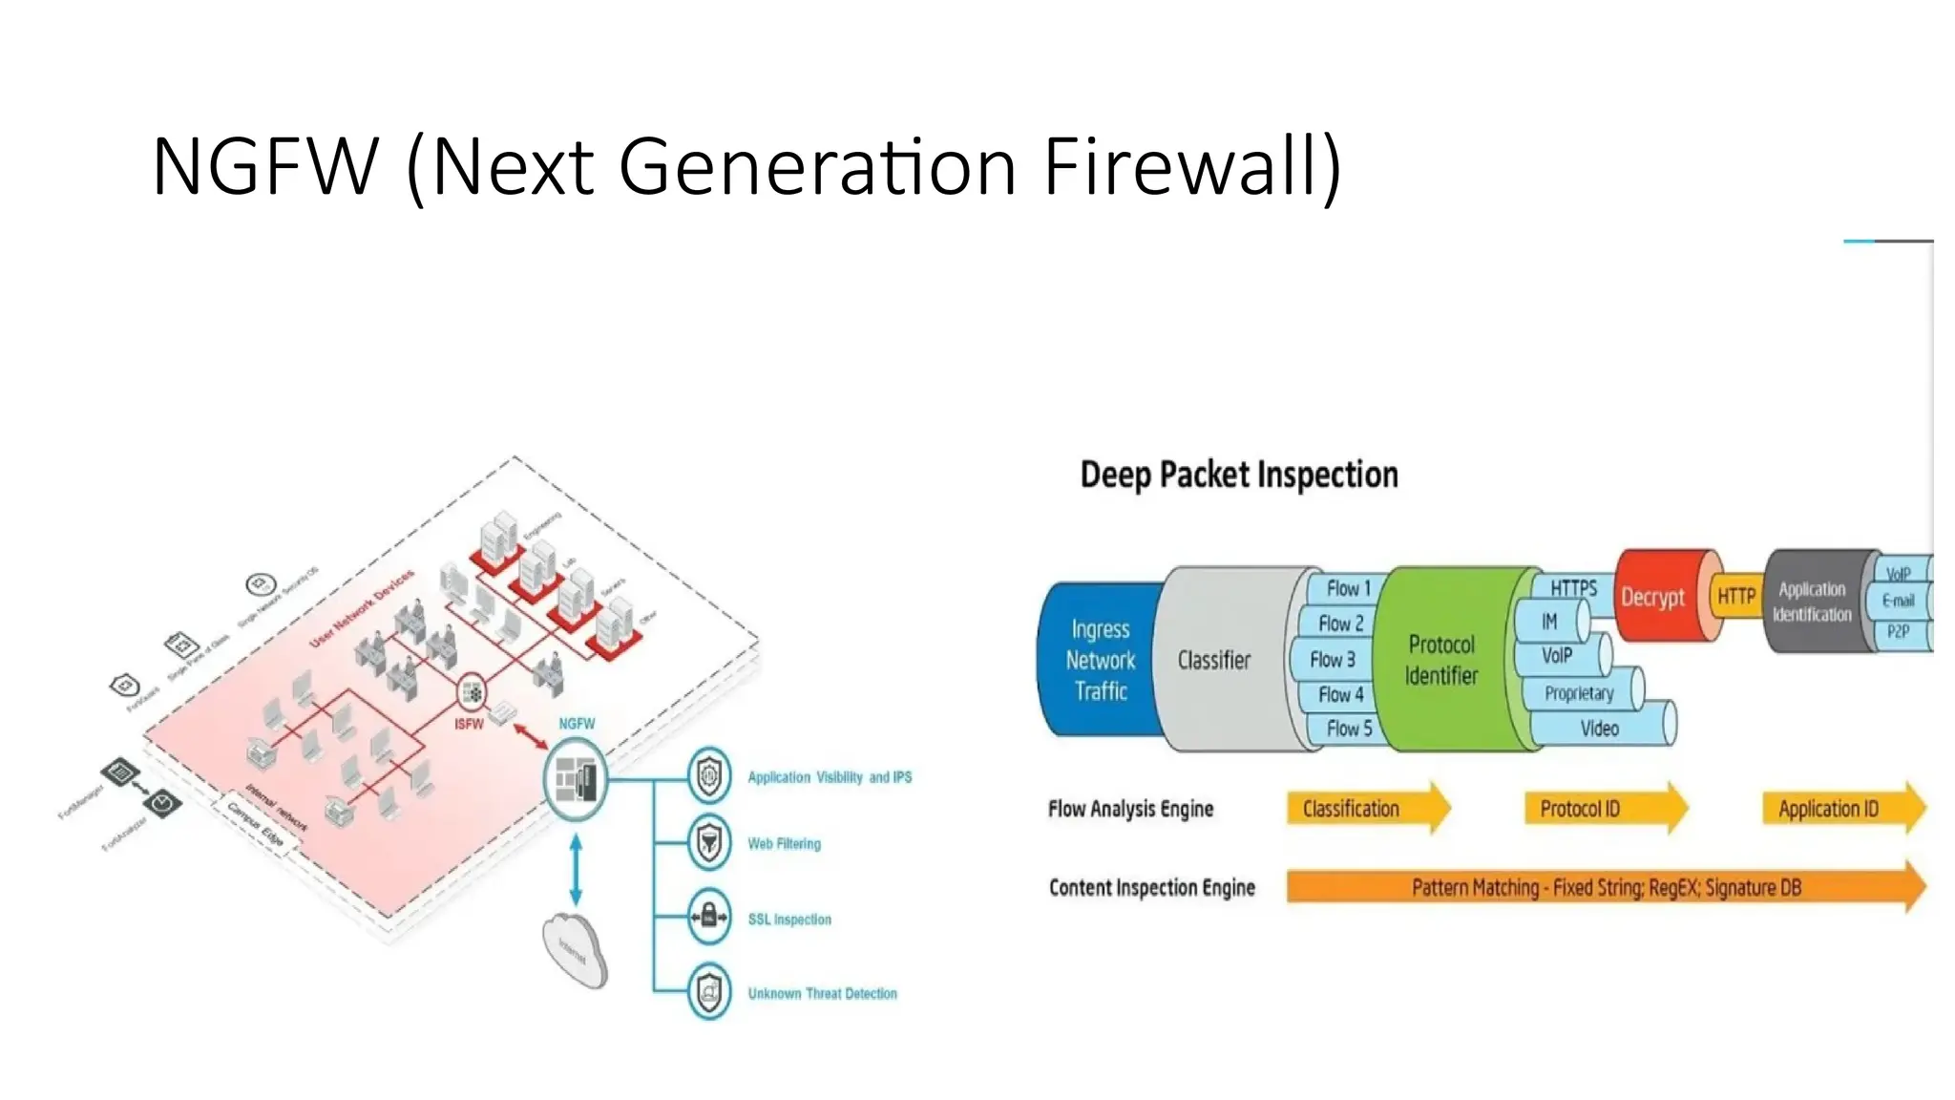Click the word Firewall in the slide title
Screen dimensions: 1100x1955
pyautogui.click(x=1191, y=166)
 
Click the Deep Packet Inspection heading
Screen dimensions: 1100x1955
pyautogui.click(x=1238, y=475)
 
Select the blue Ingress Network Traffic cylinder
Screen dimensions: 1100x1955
pyautogui.click(x=1100, y=660)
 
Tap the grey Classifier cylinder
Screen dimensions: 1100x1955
pyautogui.click(x=1213, y=660)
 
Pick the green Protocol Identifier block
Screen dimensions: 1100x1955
pyautogui.click(x=1440, y=660)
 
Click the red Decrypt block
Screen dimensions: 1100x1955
pyautogui.click(x=1652, y=598)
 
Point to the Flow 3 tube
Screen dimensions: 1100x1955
pyautogui.click(x=1332, y=660)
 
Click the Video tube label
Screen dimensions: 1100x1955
pyautogui.click(x=1599, y=729)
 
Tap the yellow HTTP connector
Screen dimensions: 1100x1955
pyautogui.click(x=1735, y=597)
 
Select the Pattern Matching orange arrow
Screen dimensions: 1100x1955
pyautogui.click(x=1605, y=888)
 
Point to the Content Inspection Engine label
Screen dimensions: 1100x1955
pyautogui.click(x=1151, y=888)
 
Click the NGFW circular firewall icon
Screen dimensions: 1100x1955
pyautogui.click(x=576, y=780)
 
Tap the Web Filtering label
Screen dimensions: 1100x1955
pyautogui.click(x=784, y=844)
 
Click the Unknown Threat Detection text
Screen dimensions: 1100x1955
pyautogui.click(x=822, y=994)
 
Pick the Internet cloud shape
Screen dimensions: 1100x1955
pyautogui.click(x=575, y=950)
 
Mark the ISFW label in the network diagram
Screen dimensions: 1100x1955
pyautogui.click(x=469, y=725)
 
